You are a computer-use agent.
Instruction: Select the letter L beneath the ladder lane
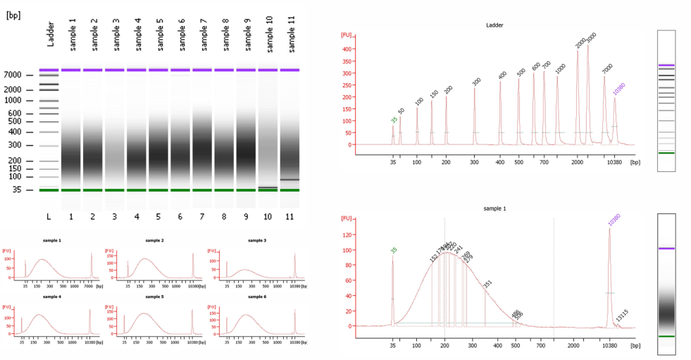[48, 216]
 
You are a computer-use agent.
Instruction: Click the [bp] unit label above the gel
[13, 14]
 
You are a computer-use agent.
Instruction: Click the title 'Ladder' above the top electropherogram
[494, 25]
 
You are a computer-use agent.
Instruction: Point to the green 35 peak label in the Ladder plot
[394, 120]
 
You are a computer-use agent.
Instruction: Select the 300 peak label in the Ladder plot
[476, 82]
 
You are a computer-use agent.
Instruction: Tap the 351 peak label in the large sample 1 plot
[487, 284]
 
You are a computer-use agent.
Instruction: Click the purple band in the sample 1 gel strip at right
[666, 249]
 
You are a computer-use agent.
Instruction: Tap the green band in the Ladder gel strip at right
[666, 152]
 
